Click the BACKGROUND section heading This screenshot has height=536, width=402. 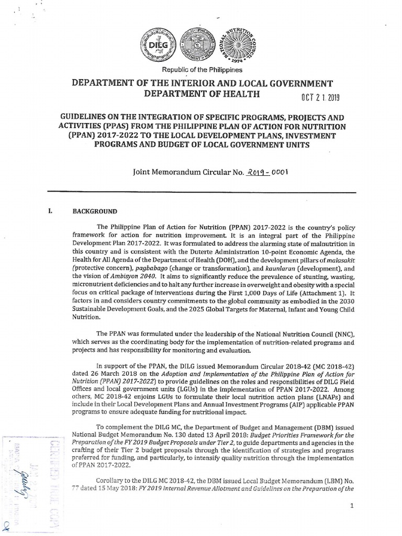95,211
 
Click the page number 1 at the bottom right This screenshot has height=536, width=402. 352,506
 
